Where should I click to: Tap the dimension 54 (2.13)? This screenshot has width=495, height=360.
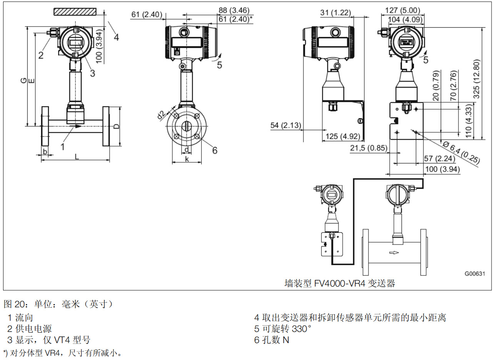point(286,125)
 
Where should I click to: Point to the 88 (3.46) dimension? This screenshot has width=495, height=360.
point(234,10)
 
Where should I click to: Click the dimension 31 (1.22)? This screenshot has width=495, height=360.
point(335,13)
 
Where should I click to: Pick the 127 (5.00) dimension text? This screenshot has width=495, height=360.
point(402,10)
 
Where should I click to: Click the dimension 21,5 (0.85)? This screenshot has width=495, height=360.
point(368,148)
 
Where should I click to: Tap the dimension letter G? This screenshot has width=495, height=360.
point(23,80)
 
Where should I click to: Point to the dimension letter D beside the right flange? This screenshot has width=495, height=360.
point(116,126)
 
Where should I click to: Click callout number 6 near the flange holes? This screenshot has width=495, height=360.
point(215,150)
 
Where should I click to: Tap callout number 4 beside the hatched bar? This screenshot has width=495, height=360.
point(116,37)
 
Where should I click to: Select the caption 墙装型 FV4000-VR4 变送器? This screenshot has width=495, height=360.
point(340,284)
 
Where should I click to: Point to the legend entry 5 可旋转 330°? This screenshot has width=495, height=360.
point(282,329)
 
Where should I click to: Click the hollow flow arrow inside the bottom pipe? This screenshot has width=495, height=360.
point(394,253)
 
